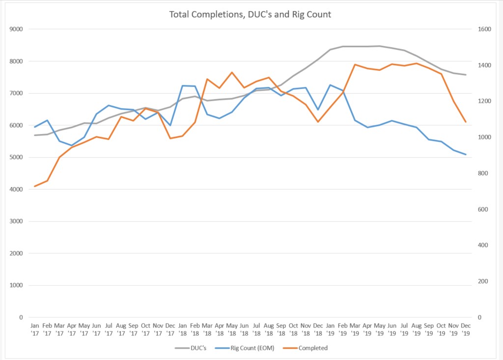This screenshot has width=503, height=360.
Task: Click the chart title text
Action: point(250,14)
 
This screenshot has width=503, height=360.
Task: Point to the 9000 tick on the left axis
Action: point(17,29)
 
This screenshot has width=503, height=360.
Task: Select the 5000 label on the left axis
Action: point(17,157)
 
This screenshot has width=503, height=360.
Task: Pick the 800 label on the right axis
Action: point(479,173)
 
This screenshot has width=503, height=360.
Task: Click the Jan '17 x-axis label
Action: point(35,329)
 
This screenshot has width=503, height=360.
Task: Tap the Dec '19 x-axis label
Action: point(466,329)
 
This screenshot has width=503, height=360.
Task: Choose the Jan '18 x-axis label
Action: point(183,329)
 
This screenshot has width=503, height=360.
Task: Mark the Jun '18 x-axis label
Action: point(244,329)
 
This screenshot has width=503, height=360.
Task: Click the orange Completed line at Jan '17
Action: point(35,187)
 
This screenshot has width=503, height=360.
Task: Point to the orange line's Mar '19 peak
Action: point(355,64)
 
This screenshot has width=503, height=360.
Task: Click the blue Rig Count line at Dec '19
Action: point(466,155)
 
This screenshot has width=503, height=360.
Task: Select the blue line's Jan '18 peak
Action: point(183,86)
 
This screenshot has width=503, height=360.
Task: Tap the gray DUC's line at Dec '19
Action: point(466,75)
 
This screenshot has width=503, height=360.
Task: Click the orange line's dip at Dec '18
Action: point(318,122)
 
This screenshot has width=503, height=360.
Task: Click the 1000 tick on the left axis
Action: point(17,285)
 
